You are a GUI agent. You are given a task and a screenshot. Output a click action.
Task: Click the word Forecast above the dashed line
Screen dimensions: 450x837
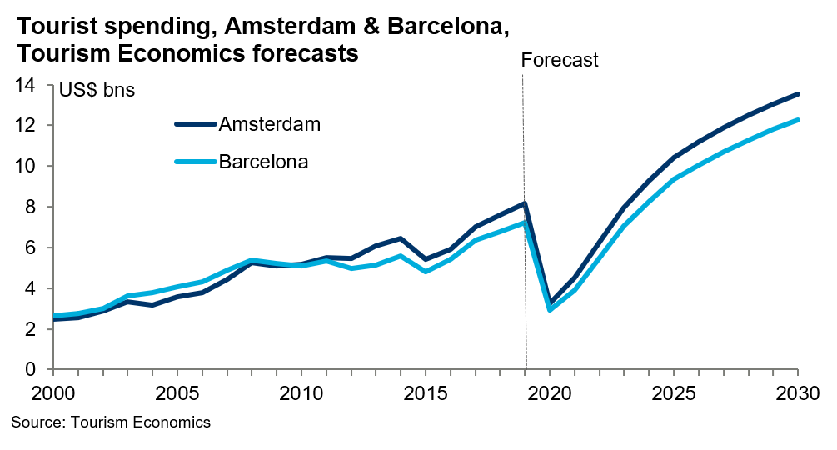click(559, 60)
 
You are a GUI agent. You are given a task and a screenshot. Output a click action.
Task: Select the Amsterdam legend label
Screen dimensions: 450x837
click(270, 124)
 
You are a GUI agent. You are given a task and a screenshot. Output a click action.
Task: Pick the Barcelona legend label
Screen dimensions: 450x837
click(263, 162)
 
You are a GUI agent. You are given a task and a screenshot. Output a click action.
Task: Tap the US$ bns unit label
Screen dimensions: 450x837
click(97, 90)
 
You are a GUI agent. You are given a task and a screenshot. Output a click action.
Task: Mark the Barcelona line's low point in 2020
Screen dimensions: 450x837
click(551, 309)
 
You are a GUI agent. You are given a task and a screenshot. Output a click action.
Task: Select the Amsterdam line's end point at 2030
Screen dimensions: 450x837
click(797, 94)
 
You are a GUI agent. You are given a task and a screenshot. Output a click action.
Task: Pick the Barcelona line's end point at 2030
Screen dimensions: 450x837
click(797, 120)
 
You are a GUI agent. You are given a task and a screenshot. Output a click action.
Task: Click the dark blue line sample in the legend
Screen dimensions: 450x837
click(195, 124)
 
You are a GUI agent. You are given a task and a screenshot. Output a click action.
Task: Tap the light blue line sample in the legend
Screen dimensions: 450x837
click(195, 162)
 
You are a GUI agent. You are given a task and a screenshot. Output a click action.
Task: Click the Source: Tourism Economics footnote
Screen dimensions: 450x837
click(111, 423)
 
